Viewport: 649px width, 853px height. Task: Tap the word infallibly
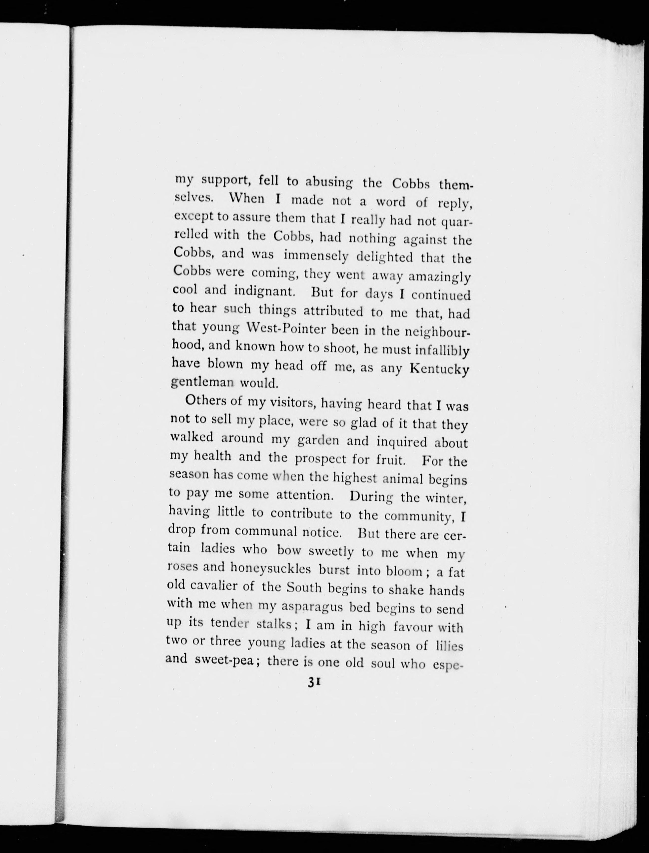click(442, 351)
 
